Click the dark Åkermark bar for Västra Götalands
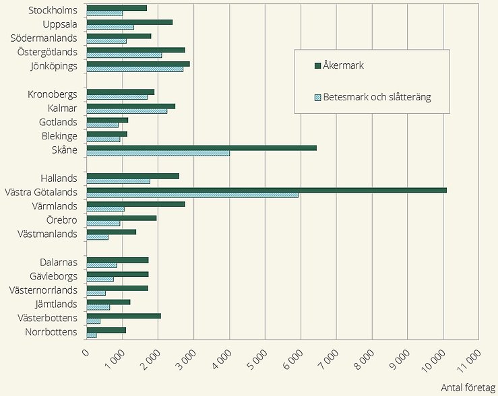click(266, 190)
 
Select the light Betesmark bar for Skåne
click(158, 153)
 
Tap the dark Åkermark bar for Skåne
click(201, 147)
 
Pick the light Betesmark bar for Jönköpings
click(135, 69)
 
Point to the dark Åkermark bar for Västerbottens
click(124, 315)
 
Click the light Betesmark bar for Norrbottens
click(92, 335)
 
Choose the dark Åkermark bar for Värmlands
click(136, 203)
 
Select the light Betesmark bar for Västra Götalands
click(193, 195)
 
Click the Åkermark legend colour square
click(317, 66)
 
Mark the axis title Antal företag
click(468, 388)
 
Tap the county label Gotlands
click(59, 122)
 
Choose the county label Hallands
click(59, 178)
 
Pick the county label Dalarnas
click(59, 263)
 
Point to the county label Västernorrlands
click(44, 290)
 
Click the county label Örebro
click(63, 220)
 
